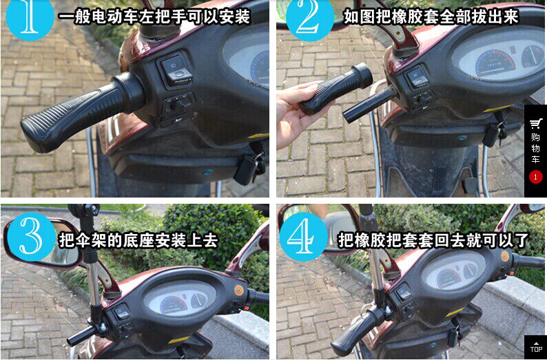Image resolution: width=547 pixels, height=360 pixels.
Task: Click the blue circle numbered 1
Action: click(x=30, y=17)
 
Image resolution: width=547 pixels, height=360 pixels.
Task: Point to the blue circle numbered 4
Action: click(x=304, y=237)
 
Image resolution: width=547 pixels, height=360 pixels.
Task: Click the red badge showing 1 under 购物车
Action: click(x=536, y=177)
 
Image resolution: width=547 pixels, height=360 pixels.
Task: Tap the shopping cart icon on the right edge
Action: click(x=536, y=124)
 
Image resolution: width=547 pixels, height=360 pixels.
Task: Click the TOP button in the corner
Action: click(x=536, y=348)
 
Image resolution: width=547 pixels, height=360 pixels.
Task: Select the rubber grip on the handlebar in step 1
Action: click(x=82, y=112)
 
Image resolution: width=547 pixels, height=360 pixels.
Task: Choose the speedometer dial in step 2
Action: click(x=495, y=63)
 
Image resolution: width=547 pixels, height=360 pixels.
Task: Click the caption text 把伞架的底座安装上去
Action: click(x=138, y=240)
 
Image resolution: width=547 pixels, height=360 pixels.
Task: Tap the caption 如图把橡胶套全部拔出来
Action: click(x=431, y=16)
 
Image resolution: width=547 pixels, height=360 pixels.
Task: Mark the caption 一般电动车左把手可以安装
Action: click(x=154, y=17)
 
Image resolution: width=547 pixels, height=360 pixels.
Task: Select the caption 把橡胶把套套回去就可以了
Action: click(x=433, y=240)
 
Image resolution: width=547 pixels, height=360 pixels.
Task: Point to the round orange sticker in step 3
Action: click(x=239, y=290)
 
